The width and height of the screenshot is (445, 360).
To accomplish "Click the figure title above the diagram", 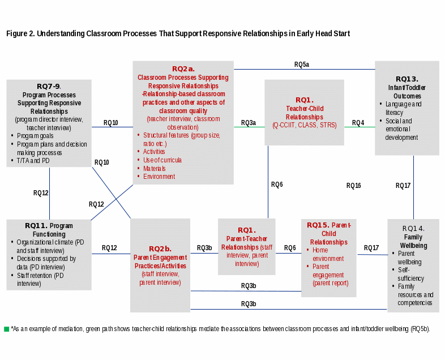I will coord(178,34).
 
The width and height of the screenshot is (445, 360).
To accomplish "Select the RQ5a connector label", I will coord(301,65).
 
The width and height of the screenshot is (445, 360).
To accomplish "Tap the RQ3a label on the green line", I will coord(249,123).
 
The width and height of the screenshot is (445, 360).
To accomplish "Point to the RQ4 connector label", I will coord(358,123).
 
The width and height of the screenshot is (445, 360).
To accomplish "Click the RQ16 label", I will coord(353,186).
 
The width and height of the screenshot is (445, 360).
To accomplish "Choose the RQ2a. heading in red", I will coord(183,69).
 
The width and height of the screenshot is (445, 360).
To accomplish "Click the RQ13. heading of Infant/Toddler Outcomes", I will coord(407,79).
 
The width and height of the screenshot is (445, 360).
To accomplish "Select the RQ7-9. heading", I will coord(49,87).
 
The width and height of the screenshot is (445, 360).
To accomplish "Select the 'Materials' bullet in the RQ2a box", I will coord(155,169).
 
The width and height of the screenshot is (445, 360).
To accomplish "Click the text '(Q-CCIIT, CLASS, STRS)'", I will coord(304,125).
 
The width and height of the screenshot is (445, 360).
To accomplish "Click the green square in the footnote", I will coord(6,329).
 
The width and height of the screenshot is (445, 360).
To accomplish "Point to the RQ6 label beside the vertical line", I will coord(277,185).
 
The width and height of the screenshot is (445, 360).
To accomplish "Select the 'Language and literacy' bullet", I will coord(403,108).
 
